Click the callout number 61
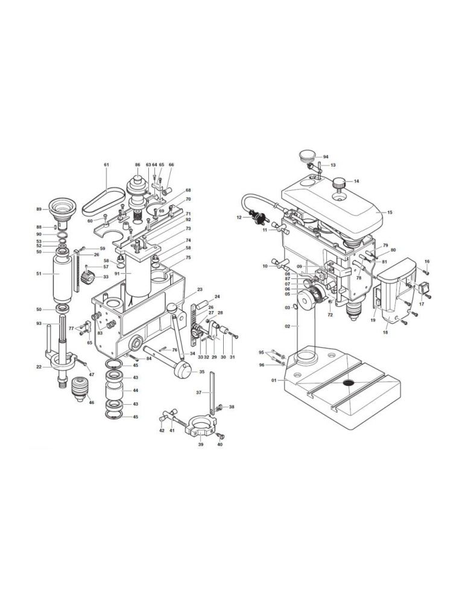click(x=107, y=165)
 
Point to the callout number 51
click(x=39, y=274)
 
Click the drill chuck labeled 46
click(x=80, y=388)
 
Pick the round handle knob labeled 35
click(x=183, y=370)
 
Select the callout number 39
click(x=200, y=444)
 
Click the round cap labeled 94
click(x=307, y=156)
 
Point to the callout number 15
click(x=390, y=212)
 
